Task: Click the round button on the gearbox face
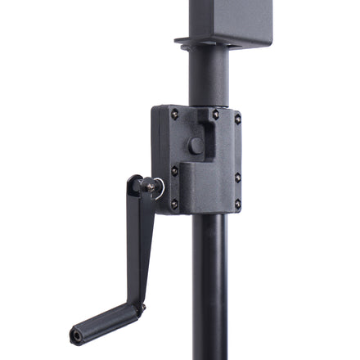click(196, 146)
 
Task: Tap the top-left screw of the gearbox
click(174, 114)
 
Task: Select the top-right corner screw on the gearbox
click(237, 119)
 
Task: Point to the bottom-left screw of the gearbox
click(174, 204)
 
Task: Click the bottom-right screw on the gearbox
click(237, 203)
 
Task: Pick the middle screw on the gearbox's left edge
click(174, 171)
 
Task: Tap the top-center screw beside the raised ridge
click(215, 115)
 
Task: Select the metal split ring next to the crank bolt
click(160, 190)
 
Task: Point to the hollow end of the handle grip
click(76, 335)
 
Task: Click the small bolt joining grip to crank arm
click(141, 308)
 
